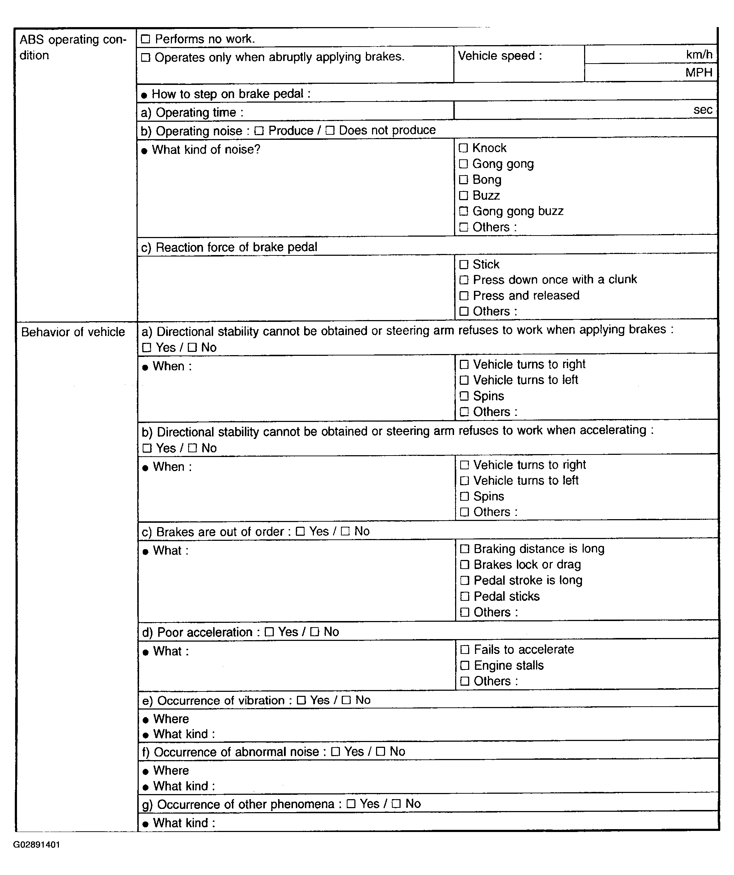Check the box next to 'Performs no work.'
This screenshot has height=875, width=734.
145,39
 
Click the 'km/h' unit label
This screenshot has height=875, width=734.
699,55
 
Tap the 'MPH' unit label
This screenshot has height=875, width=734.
699,73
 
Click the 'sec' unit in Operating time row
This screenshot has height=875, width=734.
703,109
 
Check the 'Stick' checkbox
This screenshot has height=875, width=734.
464,264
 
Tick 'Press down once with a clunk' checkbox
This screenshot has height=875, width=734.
464,280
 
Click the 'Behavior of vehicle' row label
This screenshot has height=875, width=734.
73,332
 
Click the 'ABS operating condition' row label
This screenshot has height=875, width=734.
73,47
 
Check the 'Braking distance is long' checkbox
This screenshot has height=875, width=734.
465,549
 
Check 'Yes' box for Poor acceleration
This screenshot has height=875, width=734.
269,632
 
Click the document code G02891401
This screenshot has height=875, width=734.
36,845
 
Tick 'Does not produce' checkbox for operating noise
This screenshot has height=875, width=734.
330,131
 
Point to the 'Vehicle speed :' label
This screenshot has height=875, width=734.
500,56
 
